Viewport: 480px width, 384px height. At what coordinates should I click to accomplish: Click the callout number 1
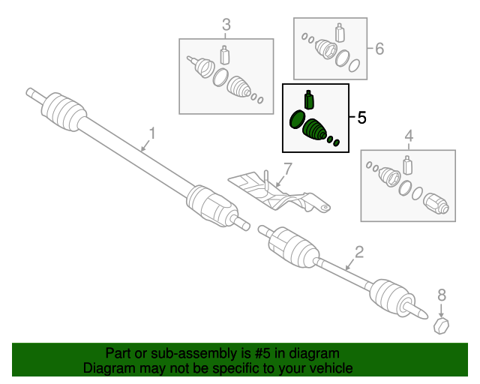152,133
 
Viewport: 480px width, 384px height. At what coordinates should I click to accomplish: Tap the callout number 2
358,252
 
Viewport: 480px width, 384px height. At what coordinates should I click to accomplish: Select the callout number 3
226,25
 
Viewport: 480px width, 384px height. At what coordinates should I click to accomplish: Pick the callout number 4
409,136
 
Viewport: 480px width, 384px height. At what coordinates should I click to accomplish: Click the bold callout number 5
361,118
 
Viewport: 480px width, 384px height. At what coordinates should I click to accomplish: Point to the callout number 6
379,49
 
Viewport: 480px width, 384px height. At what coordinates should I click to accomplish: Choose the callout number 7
288,169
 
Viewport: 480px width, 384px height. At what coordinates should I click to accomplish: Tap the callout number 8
442,295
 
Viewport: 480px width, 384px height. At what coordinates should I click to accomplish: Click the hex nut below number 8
442,325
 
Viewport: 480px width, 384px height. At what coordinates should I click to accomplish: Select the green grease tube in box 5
309,100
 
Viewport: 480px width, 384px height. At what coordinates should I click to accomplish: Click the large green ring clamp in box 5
297,119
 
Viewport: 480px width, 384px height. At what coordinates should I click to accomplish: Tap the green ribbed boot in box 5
314,130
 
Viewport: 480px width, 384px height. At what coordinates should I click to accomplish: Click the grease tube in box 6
340,32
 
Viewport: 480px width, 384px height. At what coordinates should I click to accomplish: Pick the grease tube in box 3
225,55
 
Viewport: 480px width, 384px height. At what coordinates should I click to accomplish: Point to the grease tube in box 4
407,165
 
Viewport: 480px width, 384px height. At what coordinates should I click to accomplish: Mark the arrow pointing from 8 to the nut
441,310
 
